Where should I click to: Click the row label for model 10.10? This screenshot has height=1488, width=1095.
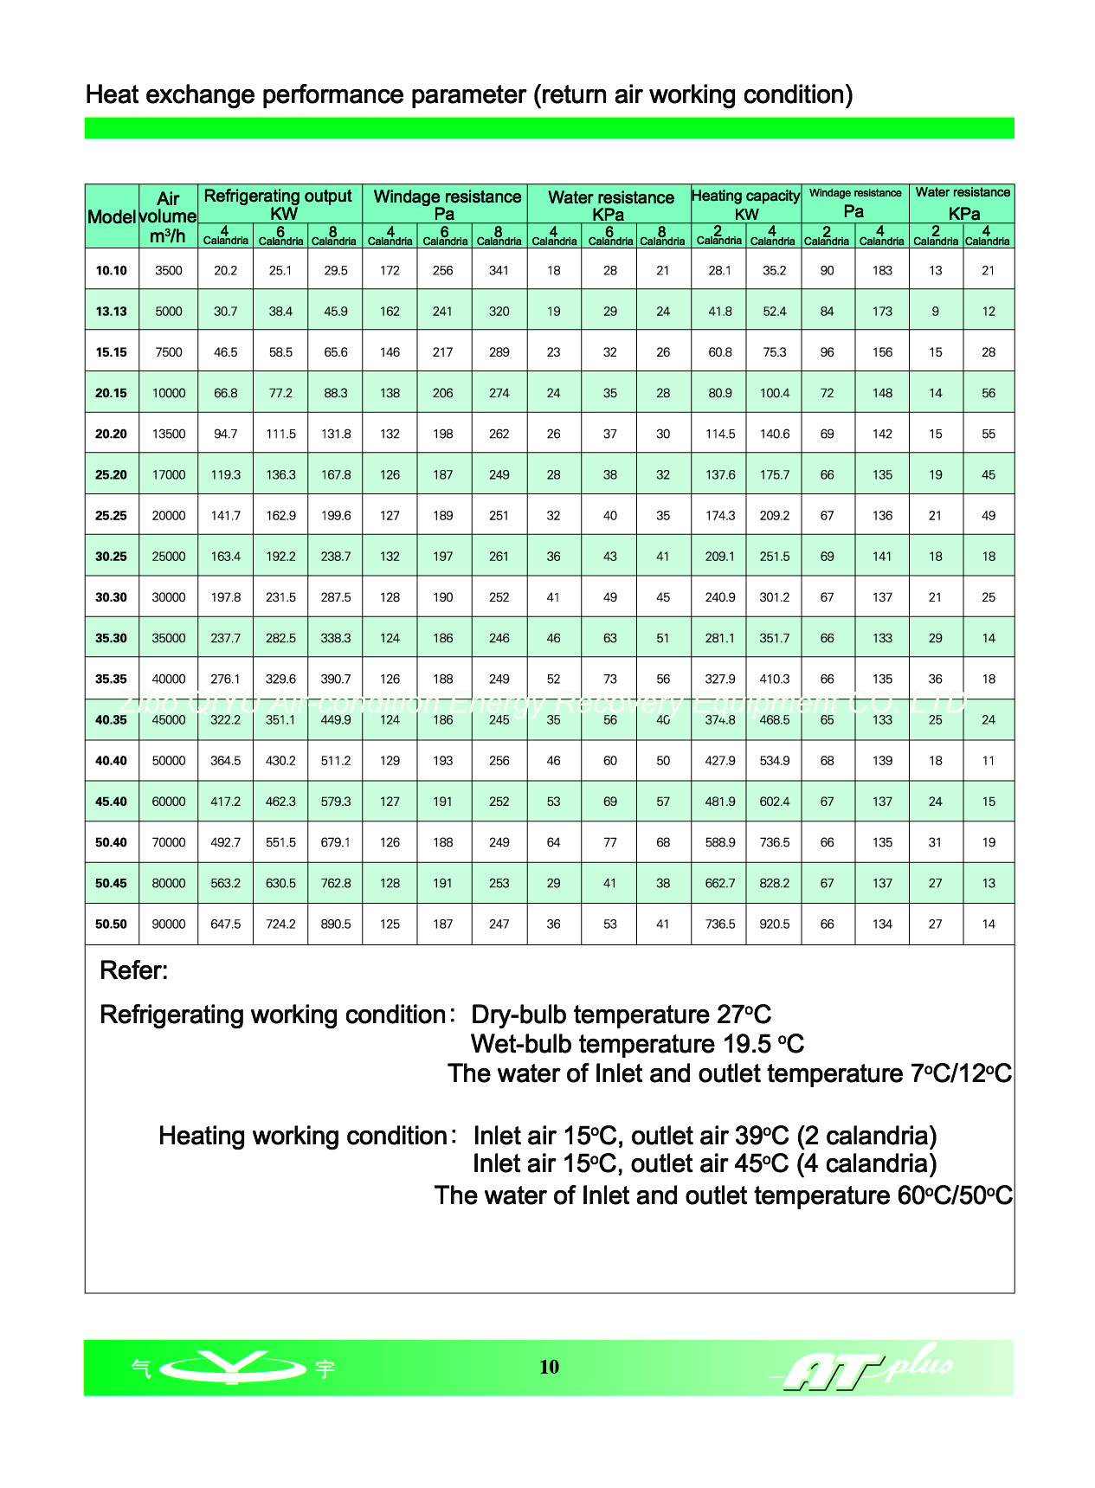click(x=111, y=271)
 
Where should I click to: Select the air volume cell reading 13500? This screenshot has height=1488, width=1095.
click(x=169, y=435)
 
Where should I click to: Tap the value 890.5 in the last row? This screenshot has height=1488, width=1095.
click(x=336, y=924)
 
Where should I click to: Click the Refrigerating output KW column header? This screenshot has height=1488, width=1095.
click(x=279, y=204)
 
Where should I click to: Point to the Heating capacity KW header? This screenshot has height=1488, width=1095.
click(x=745, y=204)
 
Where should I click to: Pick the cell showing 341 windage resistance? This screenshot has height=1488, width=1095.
click(x=499, y=271)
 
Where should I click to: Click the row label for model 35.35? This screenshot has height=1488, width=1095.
click(x=111, y=680)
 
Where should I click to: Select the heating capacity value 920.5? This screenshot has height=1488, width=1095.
click(x=774, y=924)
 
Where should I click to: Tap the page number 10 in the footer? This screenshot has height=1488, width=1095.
click(x=549, y=1367)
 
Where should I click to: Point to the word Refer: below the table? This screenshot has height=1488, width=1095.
click(x=134, y=970)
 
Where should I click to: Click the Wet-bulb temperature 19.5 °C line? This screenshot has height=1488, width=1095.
click(x=637, y=1044)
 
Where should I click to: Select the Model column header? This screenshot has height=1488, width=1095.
click(x=111, y=216)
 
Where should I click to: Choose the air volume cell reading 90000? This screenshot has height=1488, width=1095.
click(x=169, y=924)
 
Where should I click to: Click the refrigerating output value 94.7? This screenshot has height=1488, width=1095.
click(x=225, y=435)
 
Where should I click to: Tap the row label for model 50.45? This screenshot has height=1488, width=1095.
click(x=111, y=884)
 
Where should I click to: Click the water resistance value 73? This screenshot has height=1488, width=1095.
click(x=609, y=680)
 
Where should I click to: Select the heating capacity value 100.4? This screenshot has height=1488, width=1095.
click(x=774, y=394)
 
